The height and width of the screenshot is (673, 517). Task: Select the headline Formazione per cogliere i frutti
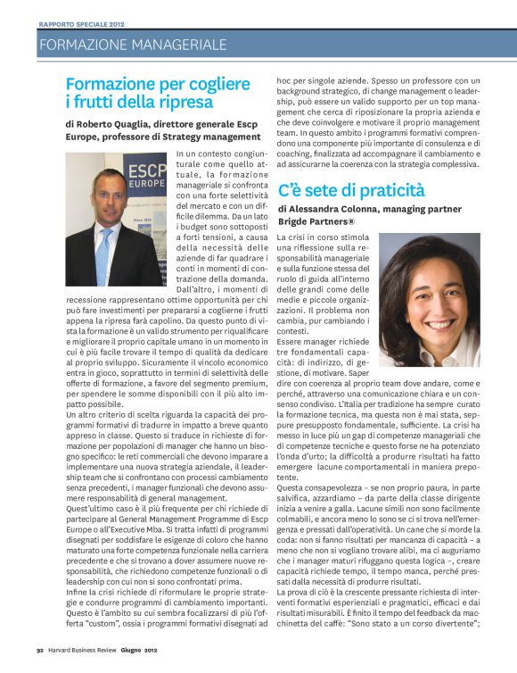click(x=158, y=93)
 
